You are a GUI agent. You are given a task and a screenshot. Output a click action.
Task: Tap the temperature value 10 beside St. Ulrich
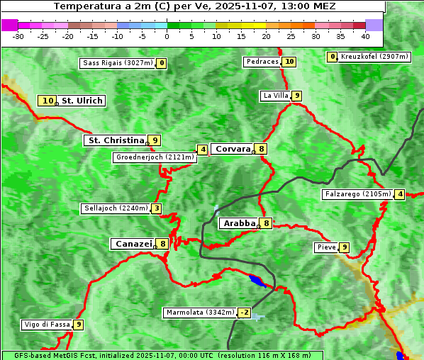(x=48, y=101)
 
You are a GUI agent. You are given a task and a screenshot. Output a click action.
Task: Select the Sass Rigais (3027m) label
(x=117, y=63)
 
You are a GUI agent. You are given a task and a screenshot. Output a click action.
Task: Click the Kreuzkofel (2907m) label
(x=374, y=57)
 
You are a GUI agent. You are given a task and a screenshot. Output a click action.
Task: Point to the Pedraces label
(x=262, y=62)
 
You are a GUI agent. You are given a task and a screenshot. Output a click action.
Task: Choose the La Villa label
(x=275, y=96)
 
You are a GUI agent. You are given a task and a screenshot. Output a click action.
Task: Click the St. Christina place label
(x=116, y=140)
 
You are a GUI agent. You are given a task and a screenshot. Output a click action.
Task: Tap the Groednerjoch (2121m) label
(x=155, y=157)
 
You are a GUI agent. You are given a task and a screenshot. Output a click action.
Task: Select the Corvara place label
(x=233, y=149)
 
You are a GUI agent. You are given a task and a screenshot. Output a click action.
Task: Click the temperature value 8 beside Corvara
(x=262, y=149)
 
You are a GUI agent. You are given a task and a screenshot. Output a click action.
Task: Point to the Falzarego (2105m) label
(x=357, y=194)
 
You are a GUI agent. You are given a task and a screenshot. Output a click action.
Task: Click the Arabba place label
(x=239, y=223)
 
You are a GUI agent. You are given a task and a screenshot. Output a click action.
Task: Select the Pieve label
(x=326, y=247)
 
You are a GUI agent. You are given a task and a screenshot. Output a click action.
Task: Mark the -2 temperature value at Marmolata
(x=245, y=313)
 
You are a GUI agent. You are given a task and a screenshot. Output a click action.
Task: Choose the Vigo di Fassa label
(x=47, y=325)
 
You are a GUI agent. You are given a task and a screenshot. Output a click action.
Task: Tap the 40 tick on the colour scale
(x=365, y=36)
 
